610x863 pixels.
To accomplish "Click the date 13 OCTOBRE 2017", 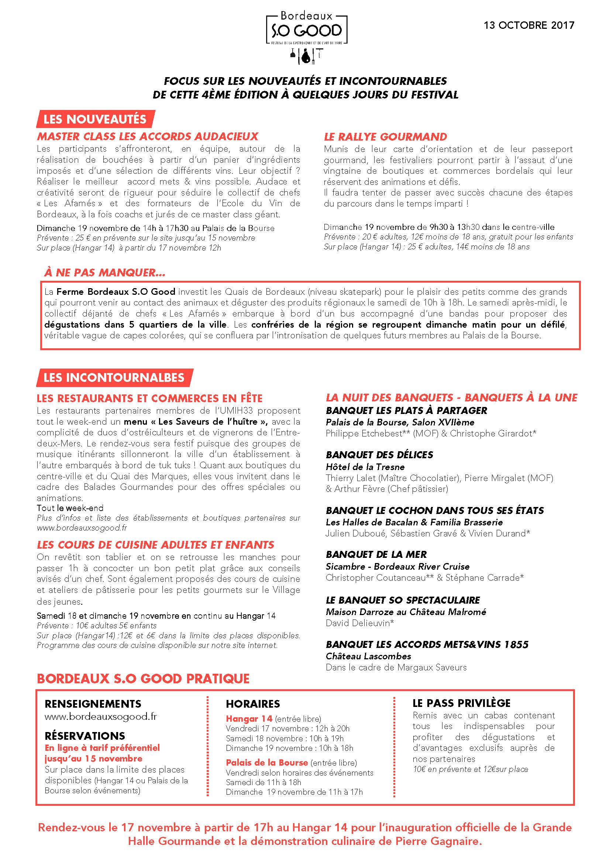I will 529,25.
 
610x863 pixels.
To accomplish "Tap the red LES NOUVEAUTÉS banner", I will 95,119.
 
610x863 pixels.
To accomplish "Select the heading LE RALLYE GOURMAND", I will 385,137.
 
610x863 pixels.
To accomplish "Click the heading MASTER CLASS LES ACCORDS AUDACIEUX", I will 148,136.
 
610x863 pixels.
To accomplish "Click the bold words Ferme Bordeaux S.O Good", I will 116,291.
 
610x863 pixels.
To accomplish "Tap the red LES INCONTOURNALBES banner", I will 114,377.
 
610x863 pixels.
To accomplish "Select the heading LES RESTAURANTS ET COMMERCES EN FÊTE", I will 149,398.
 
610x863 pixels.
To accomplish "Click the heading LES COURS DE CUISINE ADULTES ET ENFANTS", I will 155,545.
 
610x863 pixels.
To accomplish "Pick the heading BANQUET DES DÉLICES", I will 379,455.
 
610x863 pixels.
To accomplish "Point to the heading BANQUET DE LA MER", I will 376,555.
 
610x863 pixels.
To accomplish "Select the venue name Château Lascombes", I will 368,656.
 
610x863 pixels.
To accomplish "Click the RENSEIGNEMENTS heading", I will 93,704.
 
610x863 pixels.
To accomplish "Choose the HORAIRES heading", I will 253,704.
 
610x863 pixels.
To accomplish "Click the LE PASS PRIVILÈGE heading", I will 462,703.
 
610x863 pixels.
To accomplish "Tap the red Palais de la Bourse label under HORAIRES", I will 266,763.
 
